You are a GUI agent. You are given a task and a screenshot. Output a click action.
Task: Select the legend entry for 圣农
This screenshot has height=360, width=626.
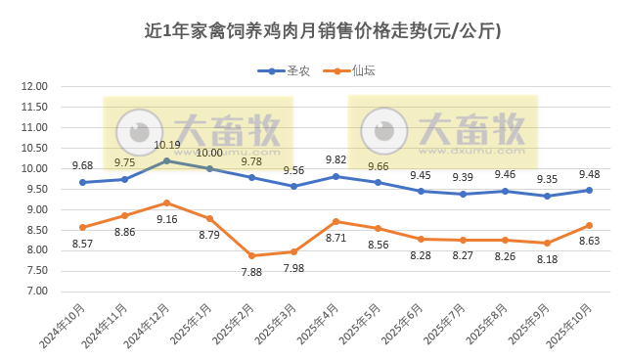285,70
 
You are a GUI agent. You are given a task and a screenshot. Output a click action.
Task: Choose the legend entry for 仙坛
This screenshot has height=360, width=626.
356,70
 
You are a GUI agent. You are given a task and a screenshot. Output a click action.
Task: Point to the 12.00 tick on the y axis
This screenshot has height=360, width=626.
34,86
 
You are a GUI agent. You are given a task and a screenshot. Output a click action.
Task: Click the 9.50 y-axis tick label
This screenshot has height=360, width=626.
34,189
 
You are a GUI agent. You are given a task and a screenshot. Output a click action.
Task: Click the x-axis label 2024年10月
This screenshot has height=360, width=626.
63,323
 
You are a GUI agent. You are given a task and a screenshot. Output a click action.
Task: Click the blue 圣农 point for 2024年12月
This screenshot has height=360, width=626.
166,160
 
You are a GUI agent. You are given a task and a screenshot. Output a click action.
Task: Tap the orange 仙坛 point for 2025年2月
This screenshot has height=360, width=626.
251,255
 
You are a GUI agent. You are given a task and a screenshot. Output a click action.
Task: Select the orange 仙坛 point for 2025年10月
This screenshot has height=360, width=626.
589,225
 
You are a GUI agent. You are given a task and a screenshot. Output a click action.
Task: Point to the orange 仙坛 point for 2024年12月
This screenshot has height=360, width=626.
166,202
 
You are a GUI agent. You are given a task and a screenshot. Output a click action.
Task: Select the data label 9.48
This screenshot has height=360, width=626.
589,175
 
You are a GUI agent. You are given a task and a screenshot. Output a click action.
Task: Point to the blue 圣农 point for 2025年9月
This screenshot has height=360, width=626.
547,196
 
